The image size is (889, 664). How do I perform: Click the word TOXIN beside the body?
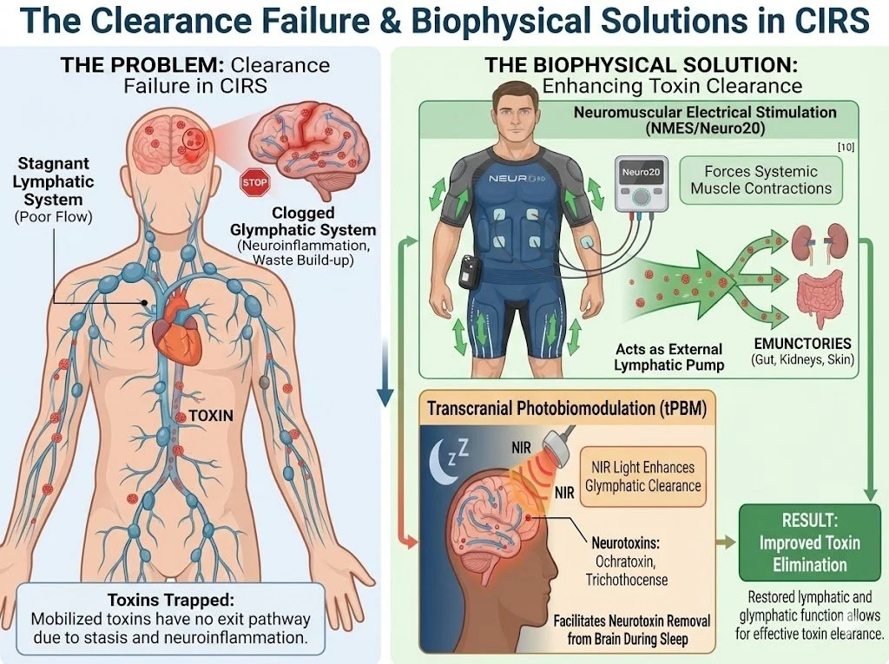point(211,416)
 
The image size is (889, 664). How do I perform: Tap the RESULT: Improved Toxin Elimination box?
point(802,543)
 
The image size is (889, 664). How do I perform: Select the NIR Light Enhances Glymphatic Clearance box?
point(642,476)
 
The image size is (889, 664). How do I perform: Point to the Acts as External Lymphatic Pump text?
point(668,356)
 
